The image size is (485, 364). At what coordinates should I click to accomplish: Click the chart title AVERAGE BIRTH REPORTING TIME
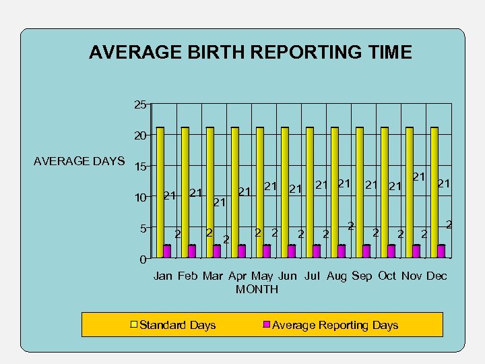[x=250, y=53]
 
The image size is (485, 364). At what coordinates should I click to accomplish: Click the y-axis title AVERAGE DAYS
[x=79, y=161]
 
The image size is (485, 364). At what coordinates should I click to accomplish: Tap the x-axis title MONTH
[x=257, y=289]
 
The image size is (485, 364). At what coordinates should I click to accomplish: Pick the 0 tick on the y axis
[x=143, y=260]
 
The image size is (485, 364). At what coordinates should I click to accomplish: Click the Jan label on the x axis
[x=163, y=276]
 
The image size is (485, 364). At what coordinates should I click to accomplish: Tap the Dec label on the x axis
[x=437, y=276]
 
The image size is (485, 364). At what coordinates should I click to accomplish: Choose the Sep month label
[x=362, y=276]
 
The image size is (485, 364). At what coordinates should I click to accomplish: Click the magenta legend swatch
[x=266, y=325]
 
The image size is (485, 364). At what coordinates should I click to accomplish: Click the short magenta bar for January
[x=167, y=251]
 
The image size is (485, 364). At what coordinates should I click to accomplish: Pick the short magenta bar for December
[x=441, y=251]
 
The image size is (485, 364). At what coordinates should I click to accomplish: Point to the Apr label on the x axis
[x=238, y=276]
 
